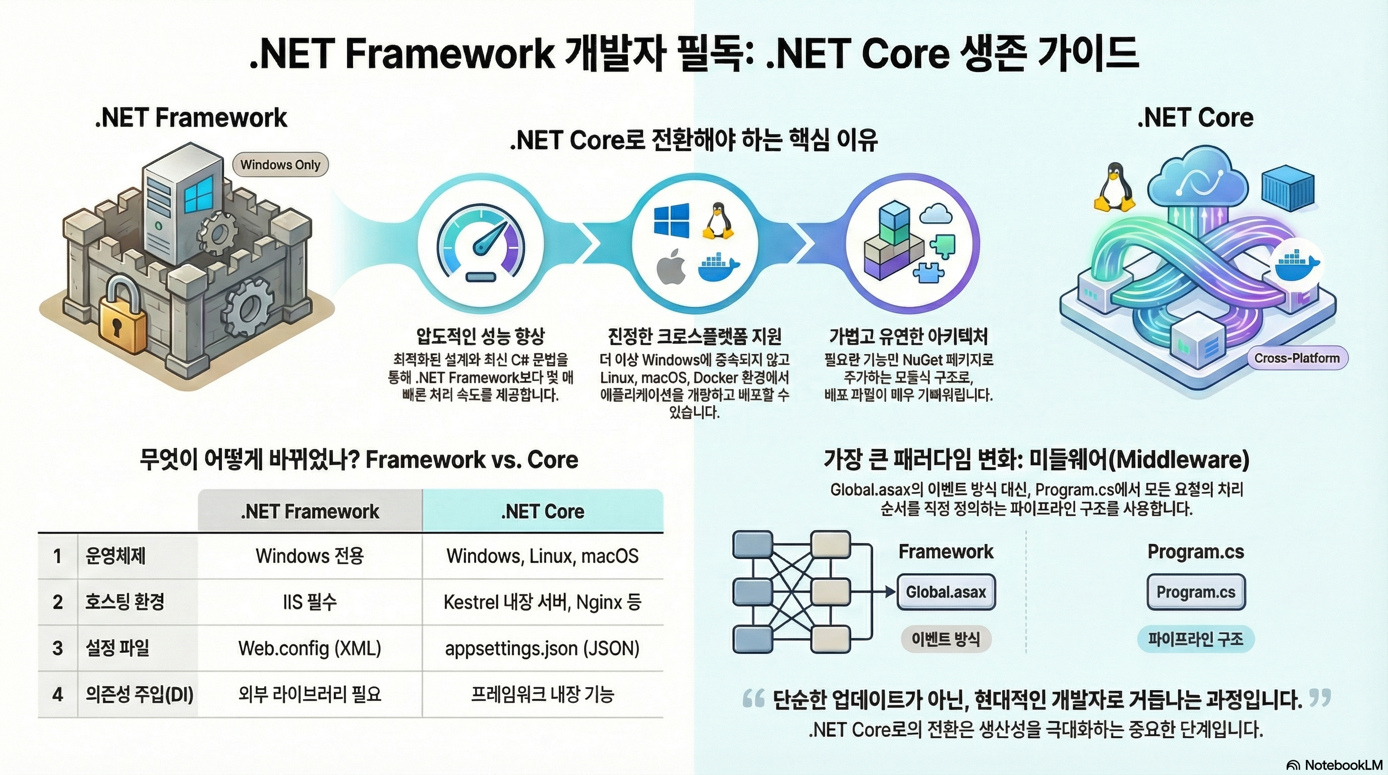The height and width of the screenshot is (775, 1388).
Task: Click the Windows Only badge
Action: pos(280,165)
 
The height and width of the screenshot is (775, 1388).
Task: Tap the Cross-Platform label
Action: pos(1296,358)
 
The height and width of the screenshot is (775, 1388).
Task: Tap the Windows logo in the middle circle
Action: pos(671,220)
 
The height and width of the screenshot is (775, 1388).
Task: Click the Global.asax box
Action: pos(946,592)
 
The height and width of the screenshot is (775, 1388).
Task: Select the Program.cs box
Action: pos(1196,592)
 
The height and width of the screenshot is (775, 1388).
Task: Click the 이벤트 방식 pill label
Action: pos(946,639)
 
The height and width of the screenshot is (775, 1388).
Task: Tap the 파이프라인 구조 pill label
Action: pos(1196,639)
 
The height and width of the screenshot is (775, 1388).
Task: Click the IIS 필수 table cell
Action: pos(310,602)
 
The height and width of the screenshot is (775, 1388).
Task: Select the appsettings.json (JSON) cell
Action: pos(542,648)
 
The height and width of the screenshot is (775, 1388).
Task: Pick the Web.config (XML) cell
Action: pos(310,648)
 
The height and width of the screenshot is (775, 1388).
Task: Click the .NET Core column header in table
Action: pos(542,511)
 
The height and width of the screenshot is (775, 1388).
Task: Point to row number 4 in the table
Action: pos(57,694)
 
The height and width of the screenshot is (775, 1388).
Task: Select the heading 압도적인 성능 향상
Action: pos(481,337)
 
